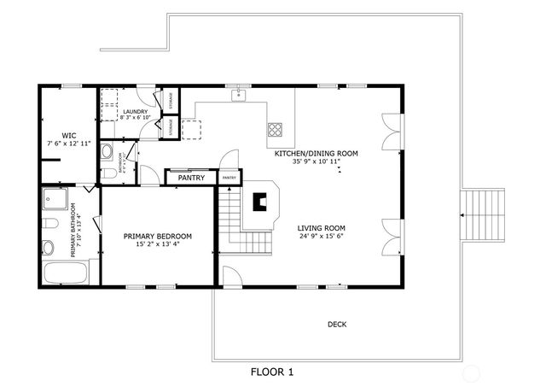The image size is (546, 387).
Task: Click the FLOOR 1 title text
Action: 271,372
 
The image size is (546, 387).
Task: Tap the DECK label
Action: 337,324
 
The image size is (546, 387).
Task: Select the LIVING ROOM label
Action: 322,228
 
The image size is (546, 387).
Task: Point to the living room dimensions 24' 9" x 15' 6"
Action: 322,237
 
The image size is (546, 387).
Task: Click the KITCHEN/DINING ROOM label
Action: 315,153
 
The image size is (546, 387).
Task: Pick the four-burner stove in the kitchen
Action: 276,129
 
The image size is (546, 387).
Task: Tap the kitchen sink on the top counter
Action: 240,95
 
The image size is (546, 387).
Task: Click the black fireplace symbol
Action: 261,202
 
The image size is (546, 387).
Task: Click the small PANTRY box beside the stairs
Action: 229,178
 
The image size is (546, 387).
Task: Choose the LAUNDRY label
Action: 135,112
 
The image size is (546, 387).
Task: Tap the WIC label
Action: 69,135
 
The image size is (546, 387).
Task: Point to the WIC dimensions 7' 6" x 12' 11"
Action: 69,144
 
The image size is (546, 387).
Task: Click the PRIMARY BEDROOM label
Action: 157,236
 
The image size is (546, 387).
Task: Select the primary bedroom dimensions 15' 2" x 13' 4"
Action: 157,244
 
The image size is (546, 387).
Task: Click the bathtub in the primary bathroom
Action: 65,275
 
